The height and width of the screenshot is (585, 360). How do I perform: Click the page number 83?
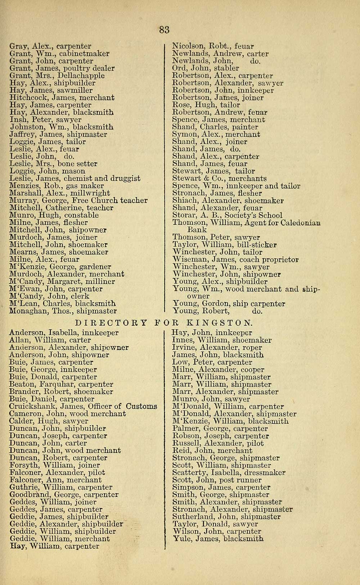click(164, 30)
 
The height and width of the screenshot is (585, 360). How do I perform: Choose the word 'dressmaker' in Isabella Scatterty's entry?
click(266, 473)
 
